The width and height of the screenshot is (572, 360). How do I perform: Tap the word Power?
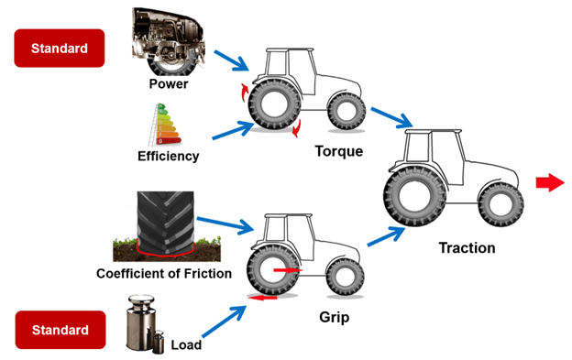tap(168, 85)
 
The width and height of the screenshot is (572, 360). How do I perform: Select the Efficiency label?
tap(168, 156)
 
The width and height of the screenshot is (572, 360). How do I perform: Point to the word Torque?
tap(338, 151)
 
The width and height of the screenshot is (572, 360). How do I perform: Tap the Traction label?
tap(467, 247)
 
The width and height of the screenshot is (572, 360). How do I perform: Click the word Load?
tap(186, 345)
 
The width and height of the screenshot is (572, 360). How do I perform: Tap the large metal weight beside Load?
tap(142, 321)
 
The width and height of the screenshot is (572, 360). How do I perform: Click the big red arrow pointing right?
tap(549, 183)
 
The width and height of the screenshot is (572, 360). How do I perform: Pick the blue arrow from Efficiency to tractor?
tap(231, 130)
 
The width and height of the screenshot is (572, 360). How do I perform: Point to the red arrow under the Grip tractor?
tap(266, 298)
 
